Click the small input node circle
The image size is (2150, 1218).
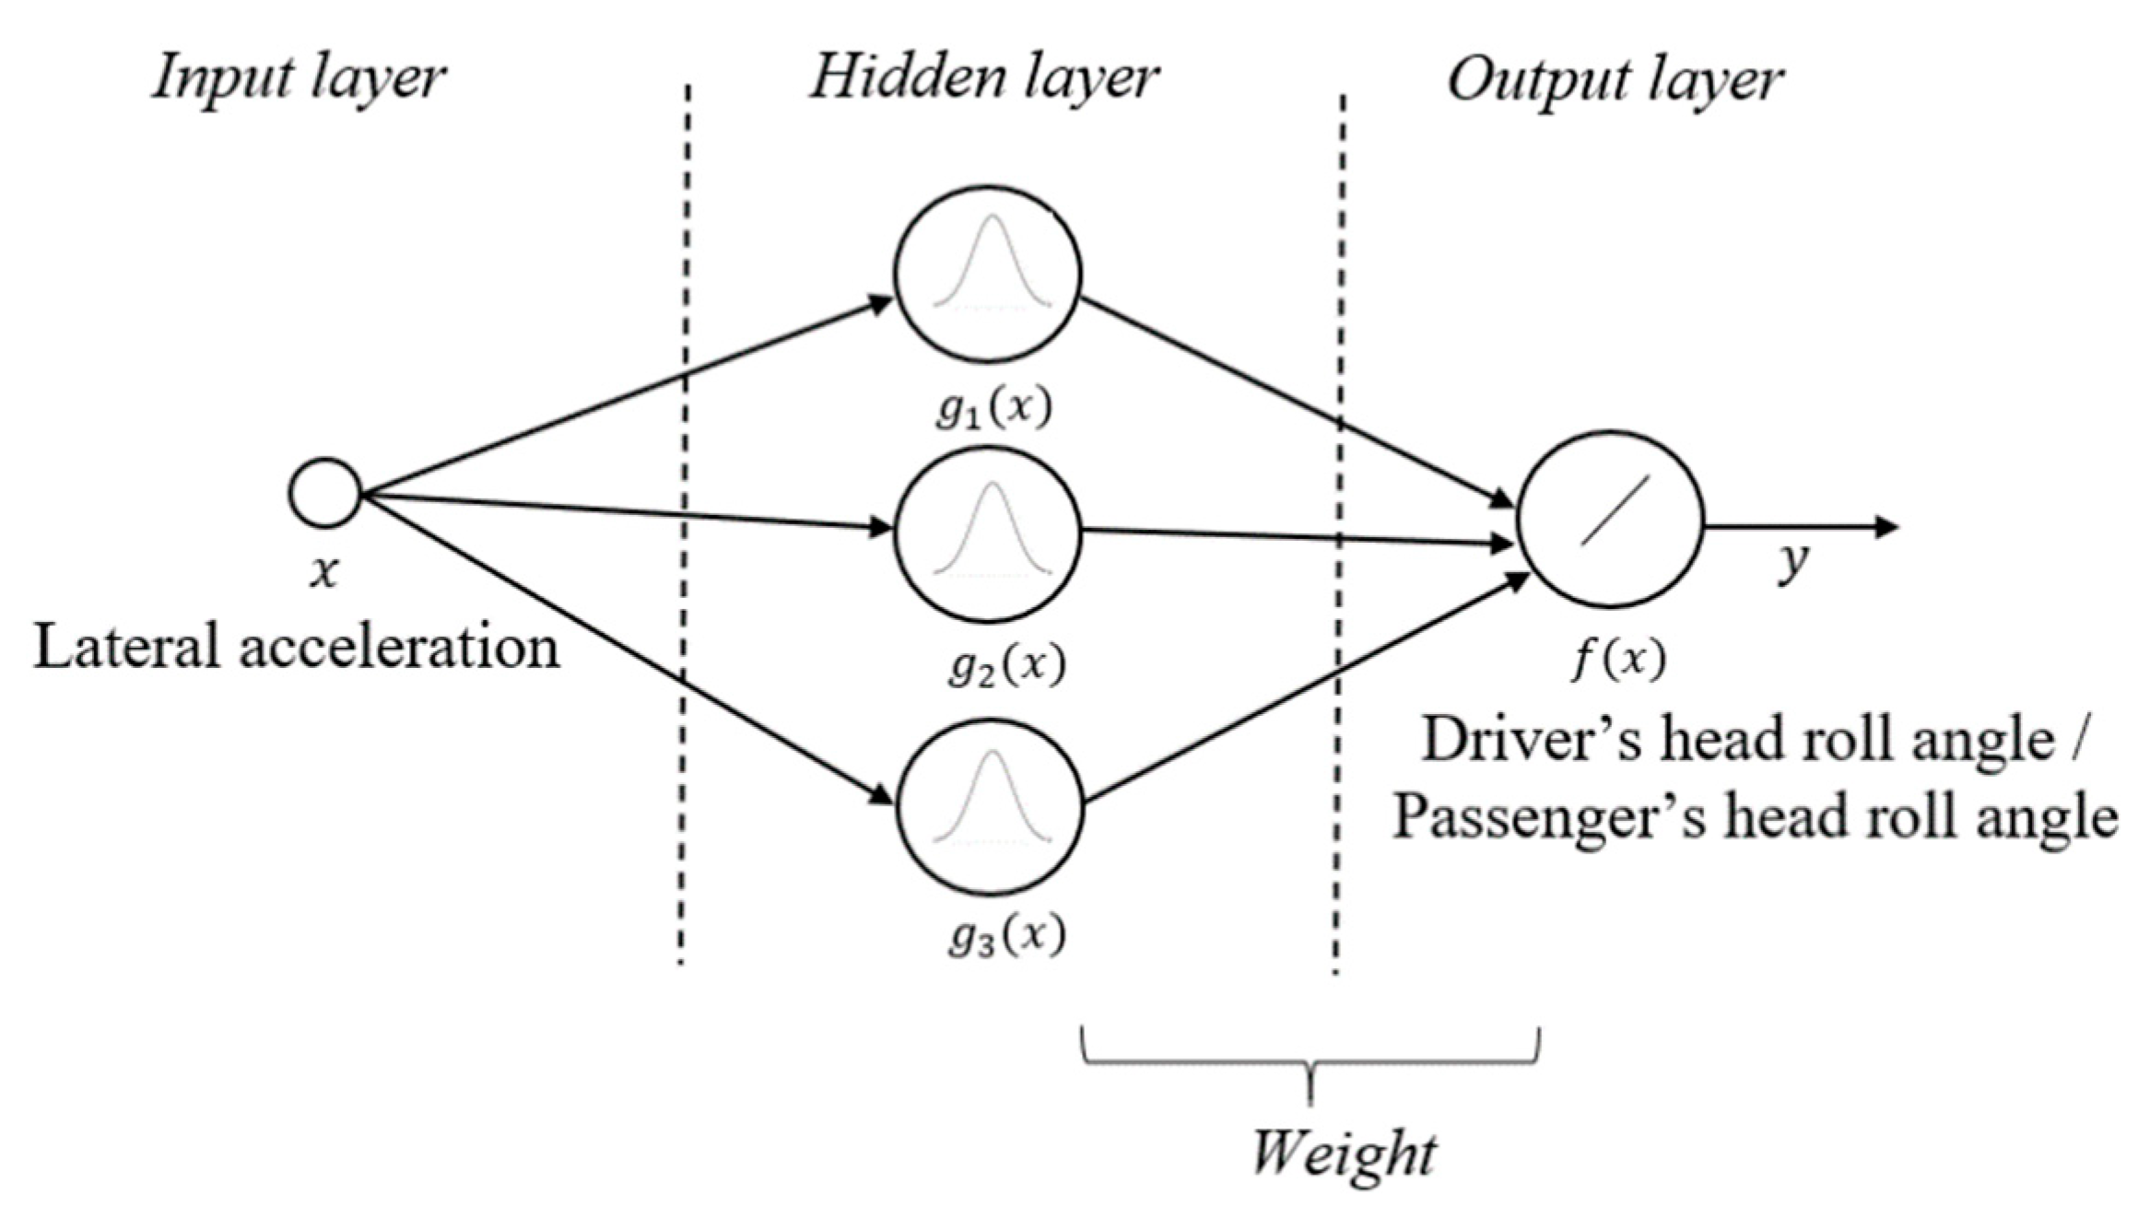pos(324,493)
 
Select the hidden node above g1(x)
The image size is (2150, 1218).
pos(988,273)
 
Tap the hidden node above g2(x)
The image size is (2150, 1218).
pos(988,534)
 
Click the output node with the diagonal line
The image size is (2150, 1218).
pos(1610,519)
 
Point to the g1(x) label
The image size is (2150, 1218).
pos(993,408)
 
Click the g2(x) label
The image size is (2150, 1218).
pos(1006,665)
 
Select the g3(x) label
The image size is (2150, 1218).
pos(1006,937)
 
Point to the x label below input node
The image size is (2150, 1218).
pos(323,573)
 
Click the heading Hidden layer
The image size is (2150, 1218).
pos(983,77)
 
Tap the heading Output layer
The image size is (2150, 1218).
pos(1615,81)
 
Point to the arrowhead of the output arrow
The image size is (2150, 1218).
pos(1887,527)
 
